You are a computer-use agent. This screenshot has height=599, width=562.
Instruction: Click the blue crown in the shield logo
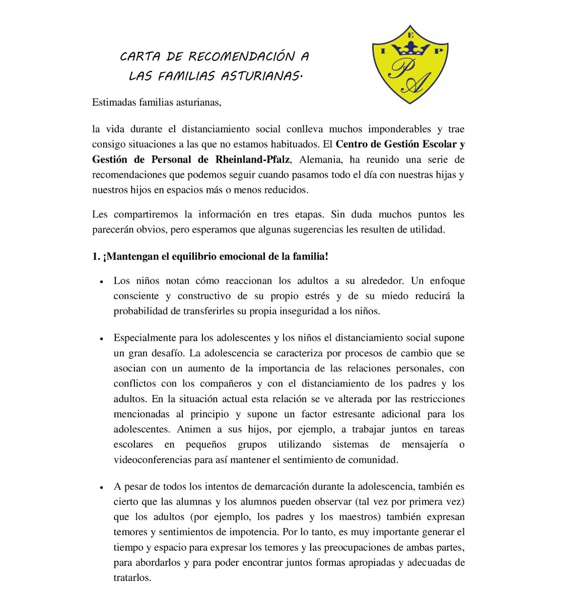[411, 49]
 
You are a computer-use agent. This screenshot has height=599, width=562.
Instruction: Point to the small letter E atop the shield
[410, 36]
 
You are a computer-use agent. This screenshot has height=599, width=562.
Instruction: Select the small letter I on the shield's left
[383, 51]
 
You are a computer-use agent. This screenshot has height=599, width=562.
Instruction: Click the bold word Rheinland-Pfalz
[252, 160]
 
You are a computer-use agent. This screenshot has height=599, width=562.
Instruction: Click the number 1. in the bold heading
[96, 256]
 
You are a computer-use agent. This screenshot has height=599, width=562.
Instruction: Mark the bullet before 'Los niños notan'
[102, 282]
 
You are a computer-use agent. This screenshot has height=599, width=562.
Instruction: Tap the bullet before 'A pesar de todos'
[102, 488]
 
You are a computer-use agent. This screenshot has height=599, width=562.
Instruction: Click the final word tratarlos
[132, 577]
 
